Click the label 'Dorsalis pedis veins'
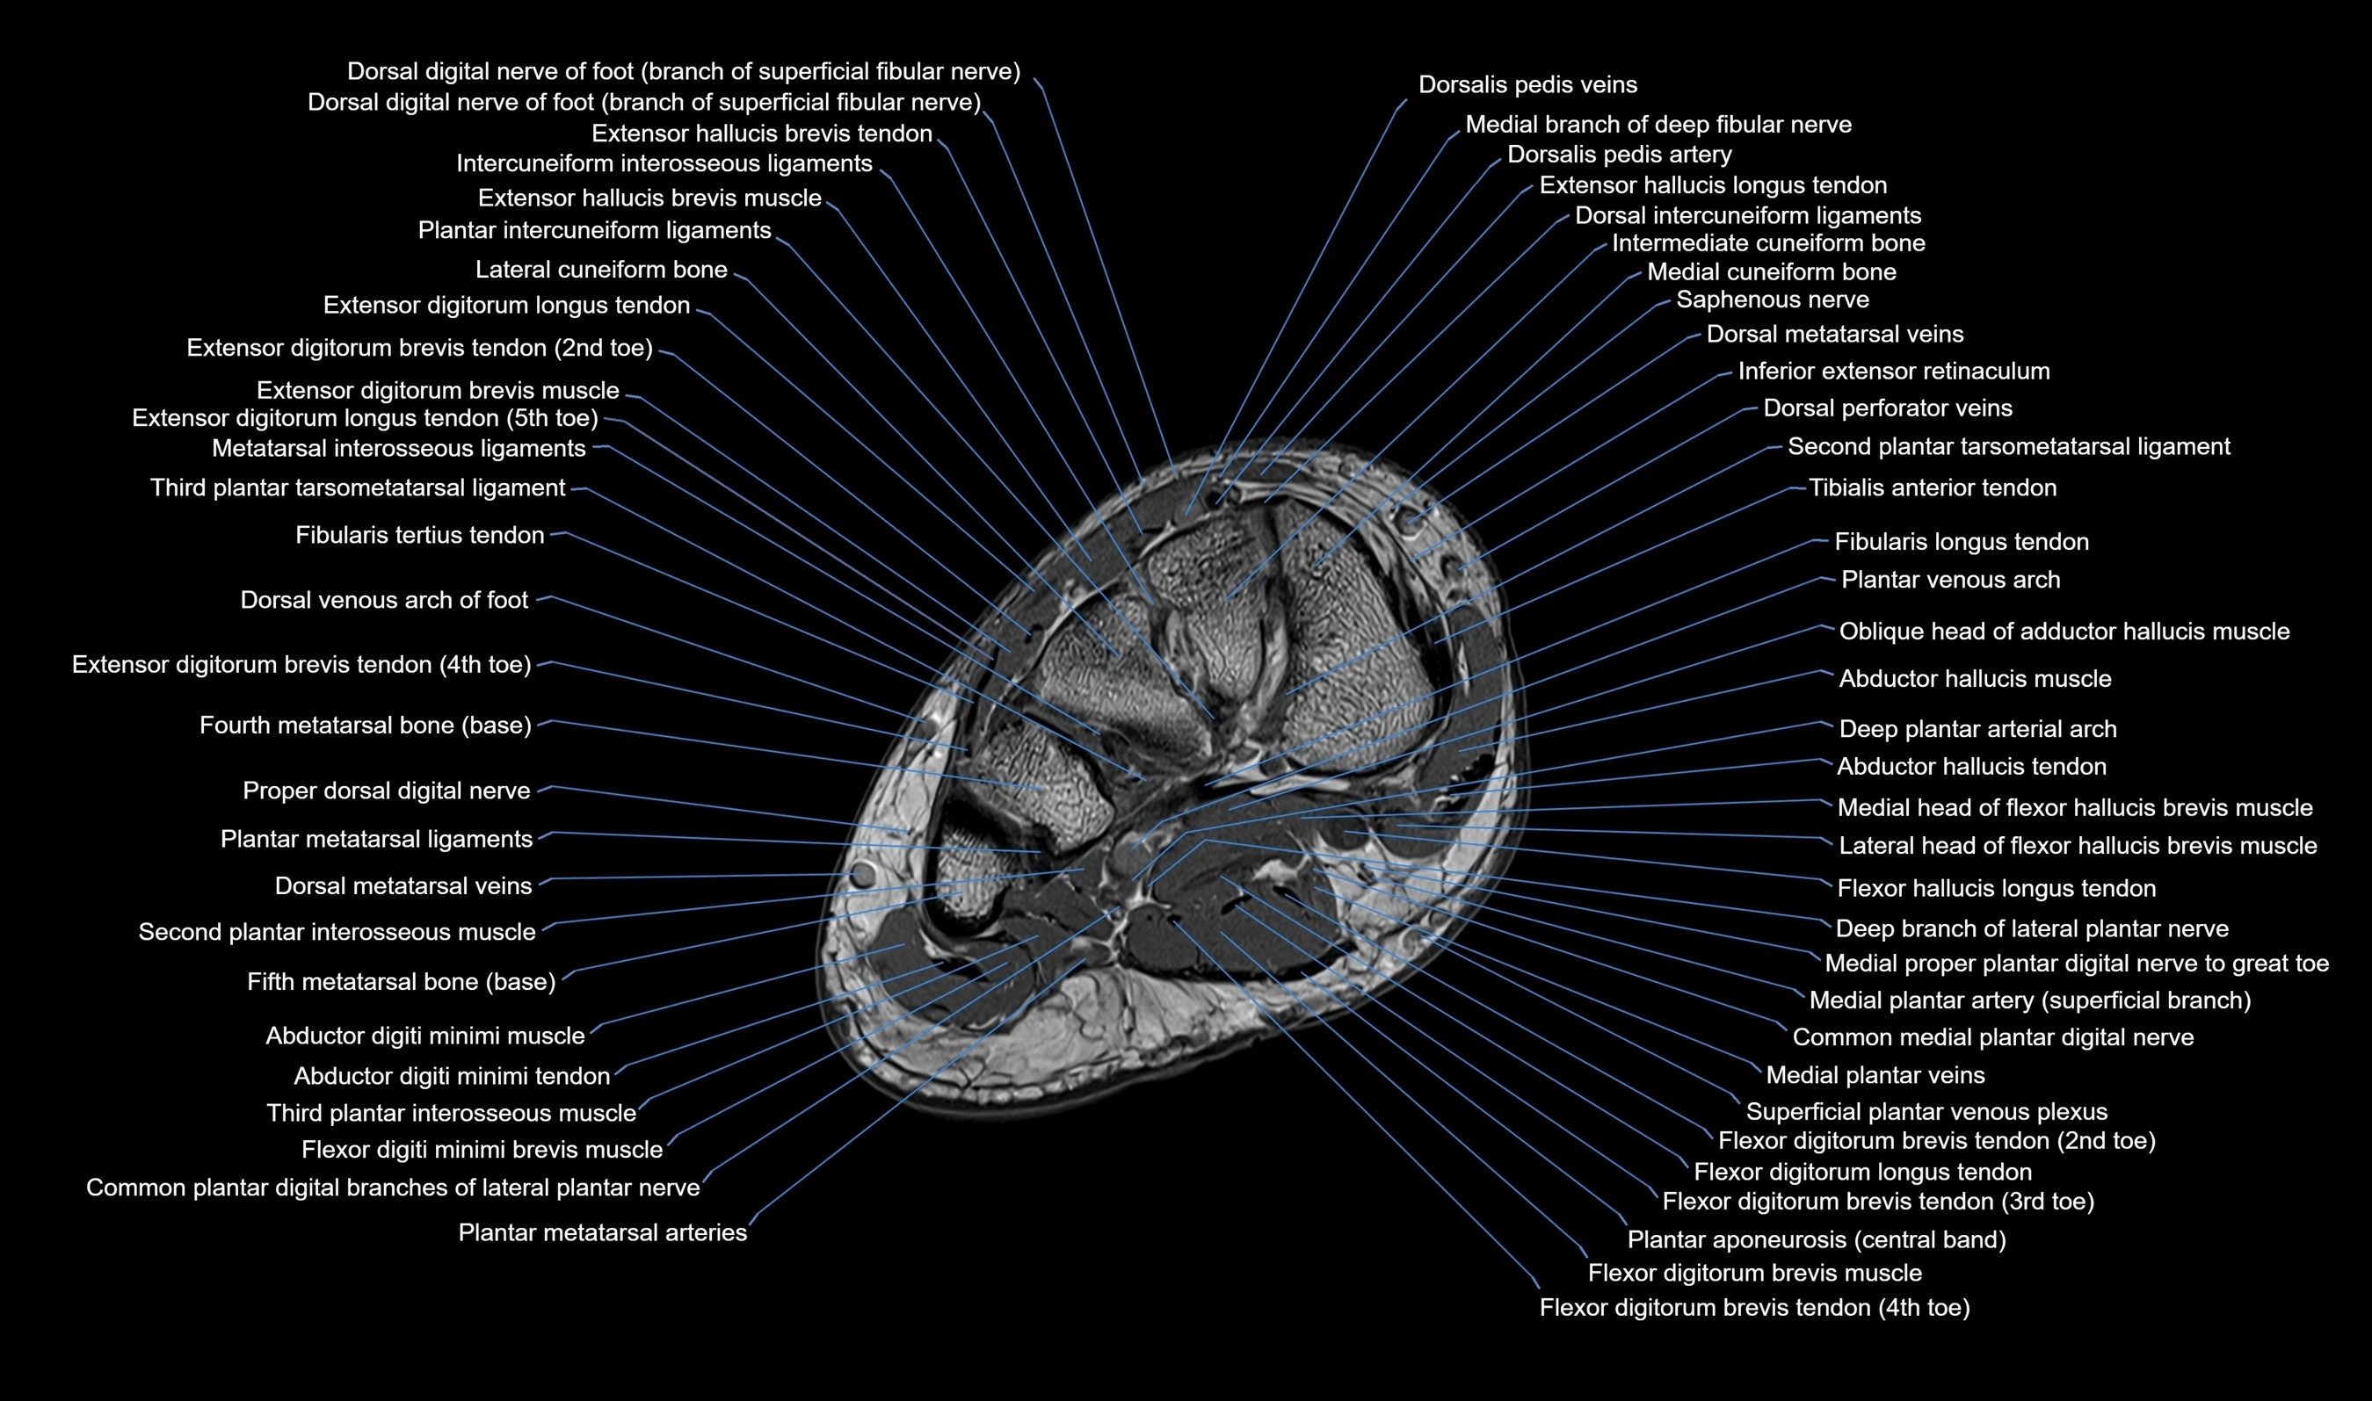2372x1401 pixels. (1527, 85)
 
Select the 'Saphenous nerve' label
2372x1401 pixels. (1772, 300)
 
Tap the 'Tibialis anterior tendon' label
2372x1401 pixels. (1932, 488)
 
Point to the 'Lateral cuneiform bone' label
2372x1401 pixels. (600, 270)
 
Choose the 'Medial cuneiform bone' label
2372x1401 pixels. (1771, 273)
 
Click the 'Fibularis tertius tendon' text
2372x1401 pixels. (419, 536)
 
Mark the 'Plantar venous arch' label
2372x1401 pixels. (1950, 580)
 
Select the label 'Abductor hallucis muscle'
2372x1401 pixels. (1975, 679)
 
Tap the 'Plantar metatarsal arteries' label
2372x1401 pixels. (602, 1233)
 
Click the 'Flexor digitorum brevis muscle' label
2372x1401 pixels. (1753, 1274)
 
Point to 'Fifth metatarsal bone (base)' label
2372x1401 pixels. (401, 982)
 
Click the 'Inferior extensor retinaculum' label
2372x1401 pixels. (1893, 372)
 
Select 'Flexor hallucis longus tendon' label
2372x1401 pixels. (1996, 888)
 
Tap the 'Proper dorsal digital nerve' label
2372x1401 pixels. (386, 791)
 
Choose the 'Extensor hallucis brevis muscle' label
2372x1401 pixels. (649, 199)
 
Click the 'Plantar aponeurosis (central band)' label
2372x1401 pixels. (1816, 1239)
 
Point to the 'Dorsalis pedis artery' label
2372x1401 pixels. (1619, 155)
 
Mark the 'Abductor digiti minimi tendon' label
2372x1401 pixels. (452, 1076)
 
